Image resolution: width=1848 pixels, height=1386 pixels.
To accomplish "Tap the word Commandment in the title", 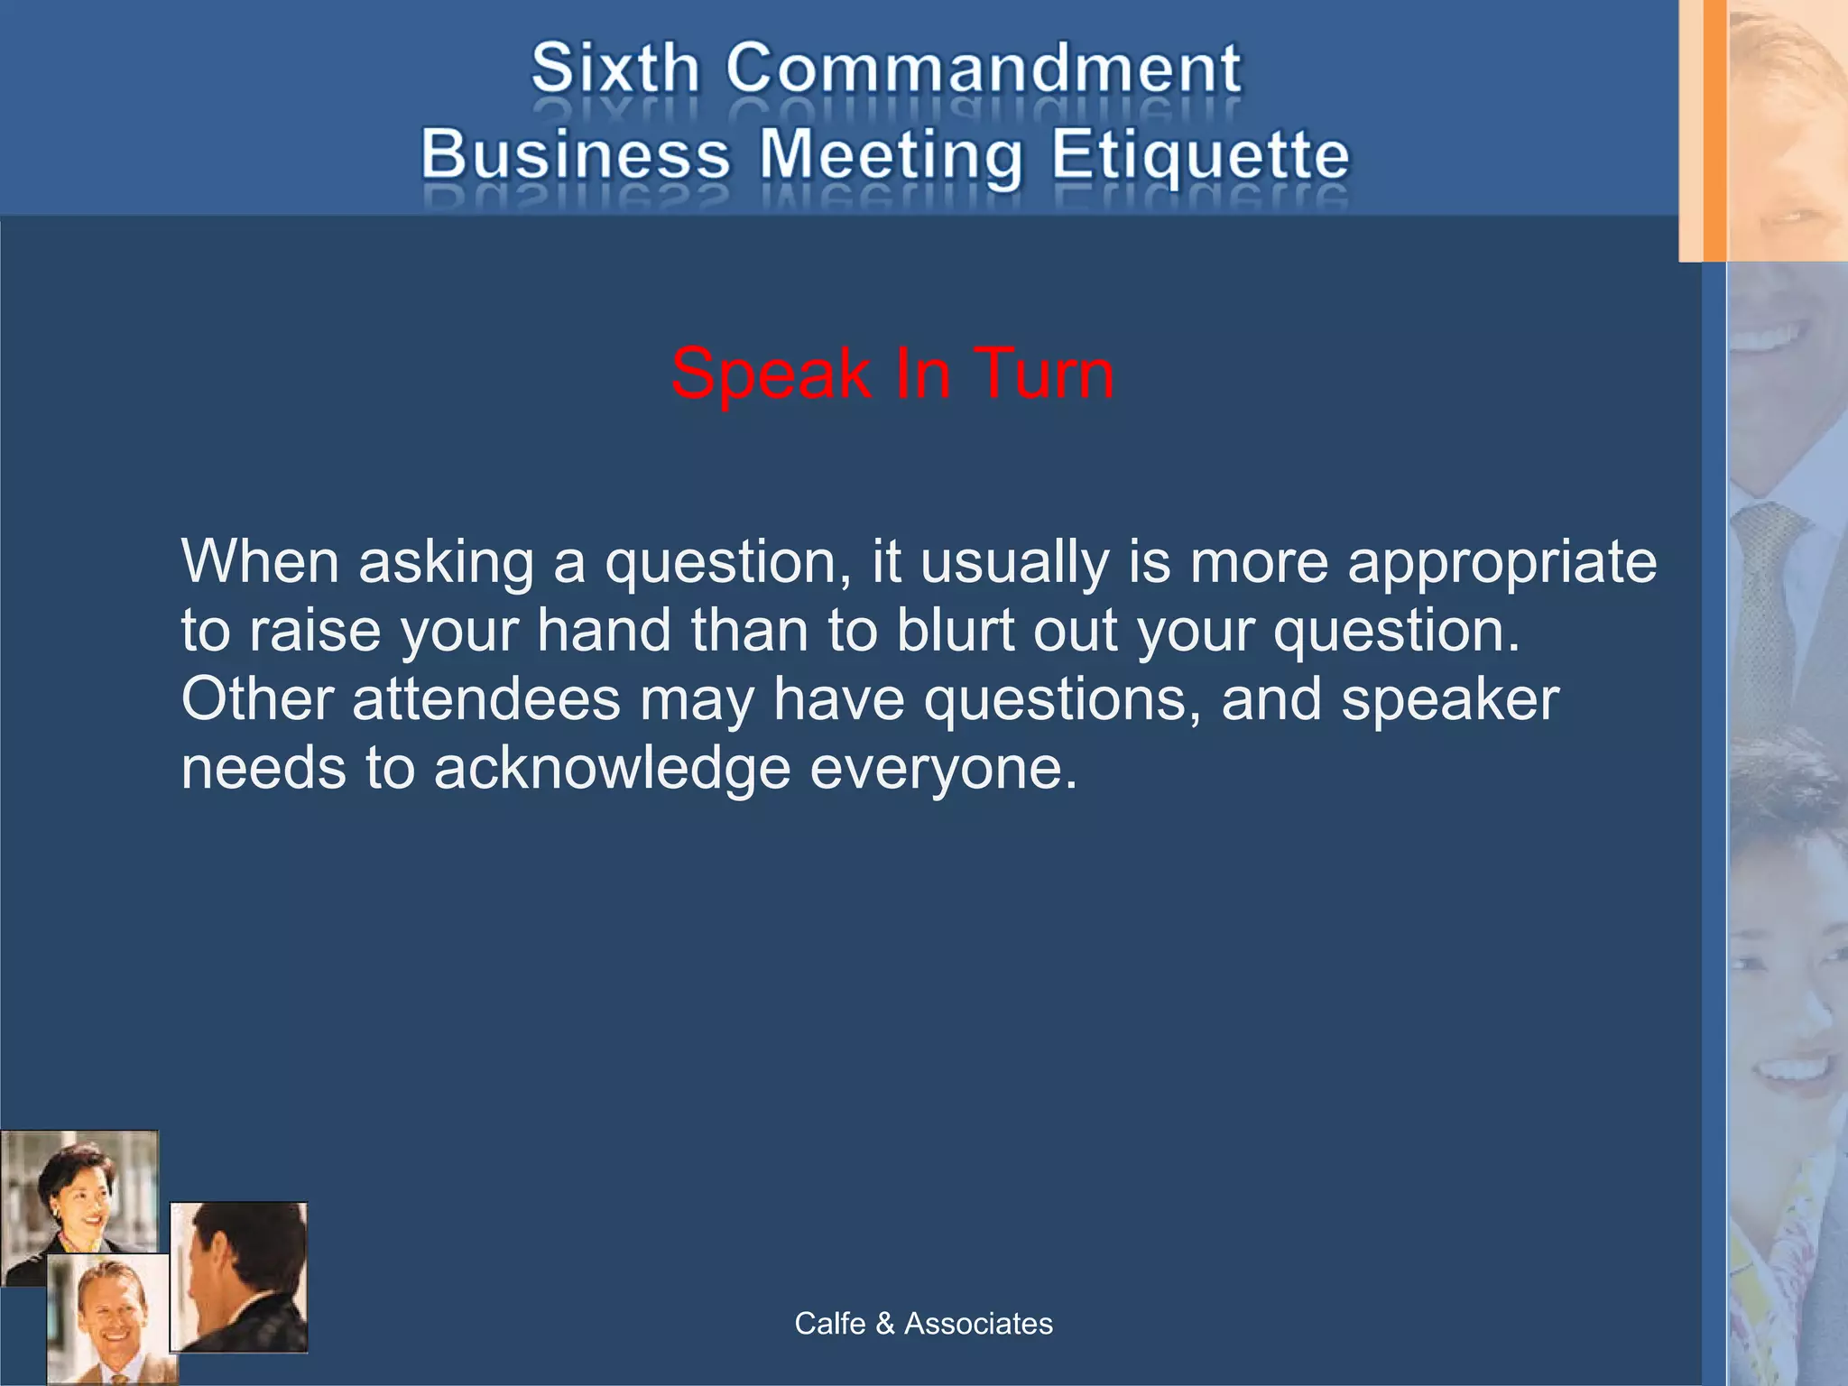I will pos(984,69).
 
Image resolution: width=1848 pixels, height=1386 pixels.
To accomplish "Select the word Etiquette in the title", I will pos(1200,155).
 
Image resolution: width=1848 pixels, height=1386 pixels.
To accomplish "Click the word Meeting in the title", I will pos(891,155).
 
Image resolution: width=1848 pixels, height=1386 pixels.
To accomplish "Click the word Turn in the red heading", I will pos(1044,374).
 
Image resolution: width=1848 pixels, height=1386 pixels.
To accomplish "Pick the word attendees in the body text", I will pos(486,699).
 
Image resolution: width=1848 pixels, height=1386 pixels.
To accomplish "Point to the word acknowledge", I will pos(612,769).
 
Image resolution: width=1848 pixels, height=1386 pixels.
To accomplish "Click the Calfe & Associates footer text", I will pos(923,1324).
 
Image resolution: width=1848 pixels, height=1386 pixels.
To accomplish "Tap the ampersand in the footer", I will pos(884,1324).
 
